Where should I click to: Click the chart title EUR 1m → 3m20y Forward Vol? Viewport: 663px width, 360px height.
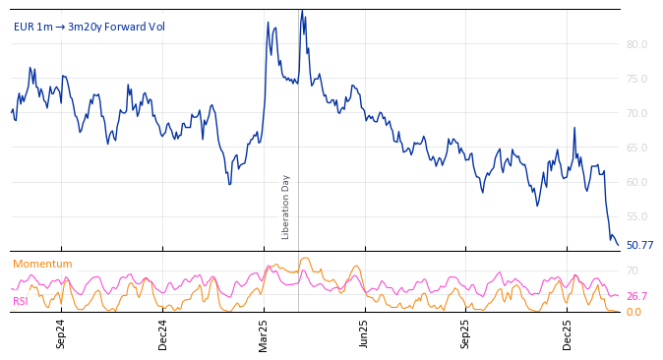[x=90, y=27]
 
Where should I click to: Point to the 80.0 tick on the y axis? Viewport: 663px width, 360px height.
[x=636, y=44]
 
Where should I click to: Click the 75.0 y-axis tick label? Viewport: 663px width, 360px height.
[x=636, y=79]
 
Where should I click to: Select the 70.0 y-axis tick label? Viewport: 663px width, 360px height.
[x=636, y=113]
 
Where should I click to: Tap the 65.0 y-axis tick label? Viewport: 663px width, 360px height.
[x=636, y=148]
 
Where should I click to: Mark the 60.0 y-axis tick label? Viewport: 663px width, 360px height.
[x=636, y=182]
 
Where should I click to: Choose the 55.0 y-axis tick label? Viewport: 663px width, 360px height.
[x=636, y=216]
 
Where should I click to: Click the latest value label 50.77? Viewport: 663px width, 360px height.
[x=639, y=245]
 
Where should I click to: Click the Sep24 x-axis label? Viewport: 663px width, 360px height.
[x=61, y=333]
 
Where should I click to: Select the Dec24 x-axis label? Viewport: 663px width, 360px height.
[x=162, y=333]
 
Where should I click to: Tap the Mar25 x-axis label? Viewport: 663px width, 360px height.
[x=264, y=333]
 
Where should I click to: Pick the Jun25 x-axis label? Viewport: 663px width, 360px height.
[x=364, y=333]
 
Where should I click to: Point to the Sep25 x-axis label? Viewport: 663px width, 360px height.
[x=466, y=333]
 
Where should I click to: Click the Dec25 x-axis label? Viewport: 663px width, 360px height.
[x=568, y=333]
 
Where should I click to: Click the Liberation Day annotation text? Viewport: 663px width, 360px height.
[x=286, y=207]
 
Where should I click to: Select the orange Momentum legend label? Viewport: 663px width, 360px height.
[x=42, y=264]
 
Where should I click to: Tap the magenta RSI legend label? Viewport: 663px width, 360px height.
[x=21, y=301]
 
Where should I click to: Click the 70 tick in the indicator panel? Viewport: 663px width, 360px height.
[x=633, y=270]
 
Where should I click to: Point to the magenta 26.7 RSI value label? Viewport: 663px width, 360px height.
[x=636, y=296]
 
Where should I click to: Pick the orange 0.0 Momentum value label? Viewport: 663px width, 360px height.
[x=634, y=312]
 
